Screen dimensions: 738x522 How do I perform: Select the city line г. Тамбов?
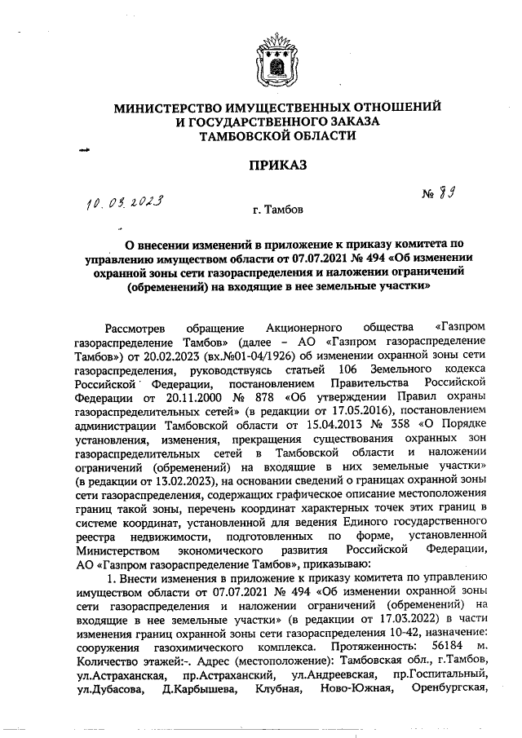(x=277, y=210)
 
